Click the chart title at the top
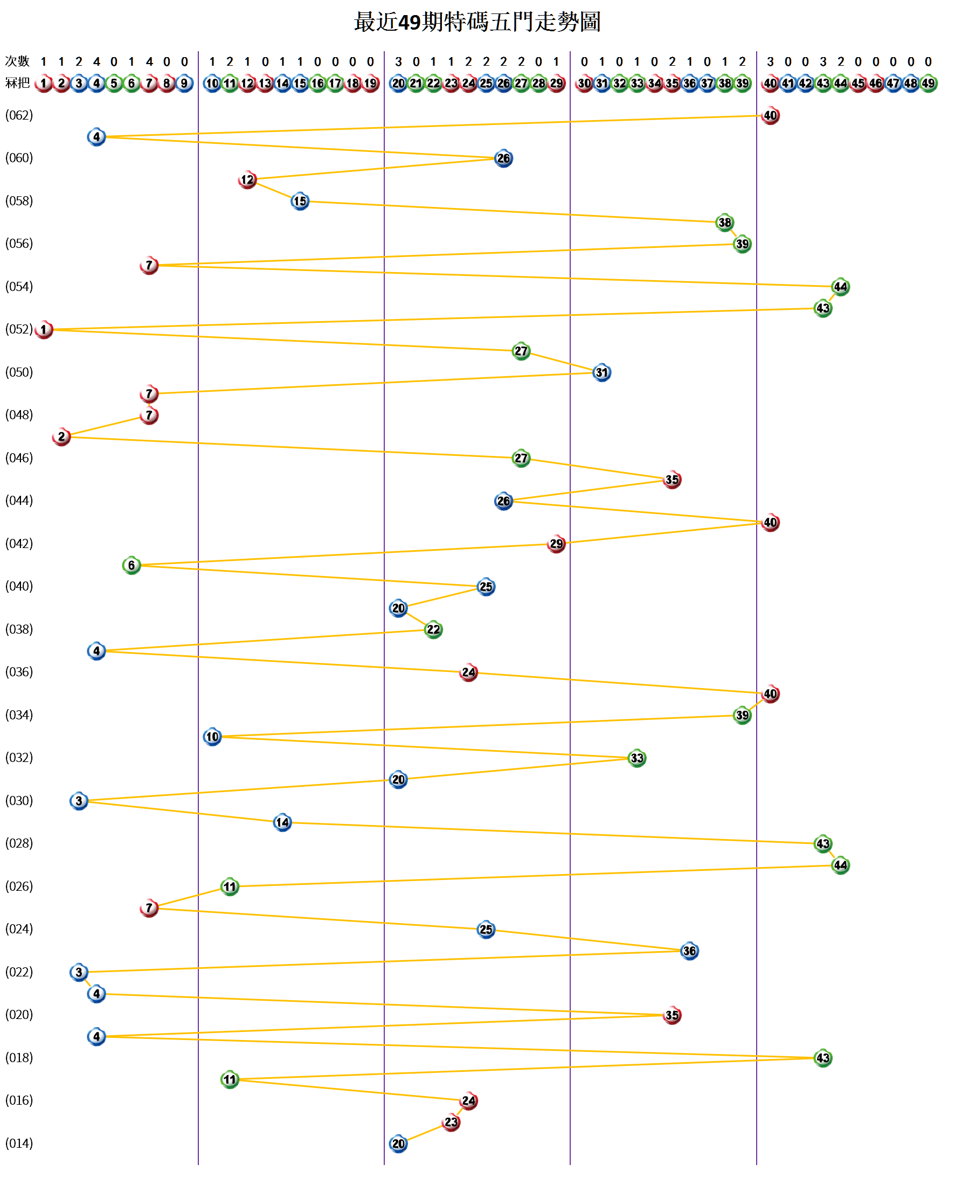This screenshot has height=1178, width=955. (x=477, y=22)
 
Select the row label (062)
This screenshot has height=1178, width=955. (x=19, y=115)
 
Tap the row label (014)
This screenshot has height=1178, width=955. (x=19, y=1144)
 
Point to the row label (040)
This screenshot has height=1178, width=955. (x=19, y=586)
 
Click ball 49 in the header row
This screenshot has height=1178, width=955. (x=928, y=84)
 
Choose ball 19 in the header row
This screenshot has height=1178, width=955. (x=371, y=84)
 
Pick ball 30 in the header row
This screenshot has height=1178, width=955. (x=584, y=84)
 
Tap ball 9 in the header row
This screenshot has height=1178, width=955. (x=184, y=84)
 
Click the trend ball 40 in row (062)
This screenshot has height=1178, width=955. (x=770, y=115)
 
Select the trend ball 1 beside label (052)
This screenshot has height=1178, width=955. (x=44, y=330)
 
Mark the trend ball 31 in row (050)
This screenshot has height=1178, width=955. (x=602, y=372)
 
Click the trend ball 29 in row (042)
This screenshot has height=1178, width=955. (x=556, y=544)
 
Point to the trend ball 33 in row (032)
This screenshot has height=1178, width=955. (x=636, y=758)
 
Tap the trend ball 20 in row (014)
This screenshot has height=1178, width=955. (x=398, y=1144)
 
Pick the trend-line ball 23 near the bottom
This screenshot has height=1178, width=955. (x=451, y=1122)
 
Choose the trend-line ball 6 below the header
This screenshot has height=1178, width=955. (x=132, y=565)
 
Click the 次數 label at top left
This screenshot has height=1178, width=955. (x=17, y=61)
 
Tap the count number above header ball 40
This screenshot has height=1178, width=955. (x=770, y=61)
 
